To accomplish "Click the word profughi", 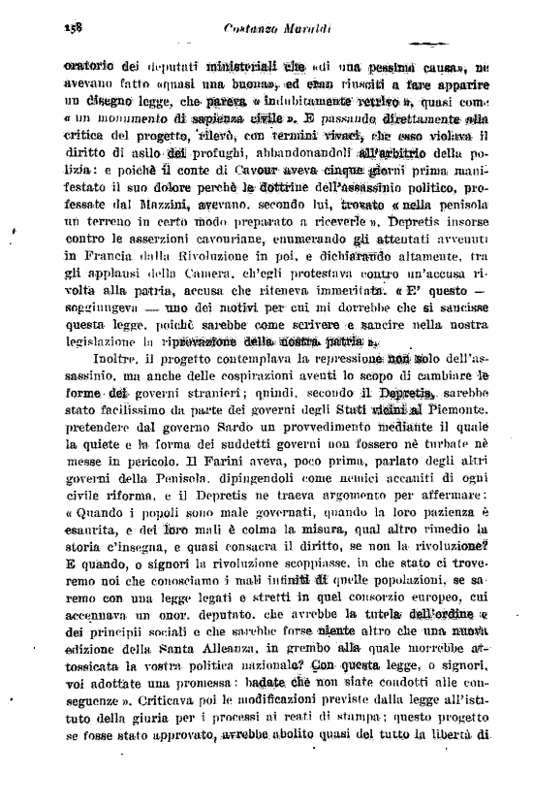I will pyautogui.click(x=219, y=152).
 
